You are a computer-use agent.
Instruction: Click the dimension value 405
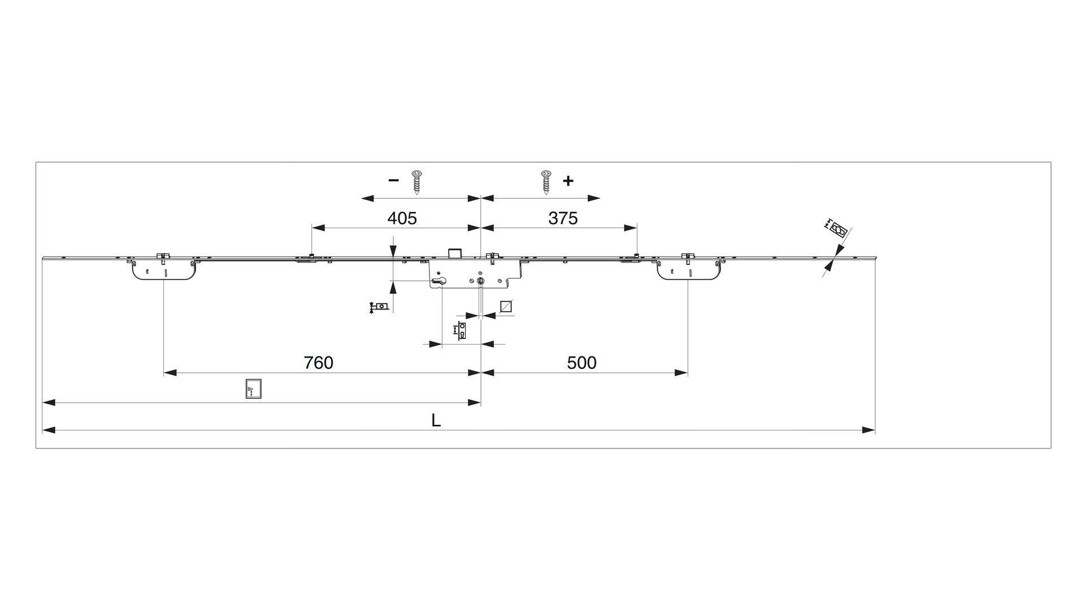[x=402, y=218]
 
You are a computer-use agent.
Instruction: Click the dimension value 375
[x=563, y=218]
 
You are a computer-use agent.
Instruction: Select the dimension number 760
[x=319, y=363]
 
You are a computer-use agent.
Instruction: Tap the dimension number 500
[x=581, y=363]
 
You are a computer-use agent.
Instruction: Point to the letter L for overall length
[x=436, y=421]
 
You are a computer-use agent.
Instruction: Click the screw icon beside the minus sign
[x=417, y=181]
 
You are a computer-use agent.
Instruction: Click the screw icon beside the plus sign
[x=546, y=181]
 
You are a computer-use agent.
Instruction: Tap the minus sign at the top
[x=394, y=181]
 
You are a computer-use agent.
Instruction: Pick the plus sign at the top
[x=568, y=181]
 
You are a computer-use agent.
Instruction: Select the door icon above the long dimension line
[x=254, y=389]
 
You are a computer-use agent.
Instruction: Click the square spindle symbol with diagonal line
[x=506, y=306]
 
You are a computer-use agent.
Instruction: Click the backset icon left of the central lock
[x=379, y=307]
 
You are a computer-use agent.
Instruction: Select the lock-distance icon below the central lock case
[x=461, y=330]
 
